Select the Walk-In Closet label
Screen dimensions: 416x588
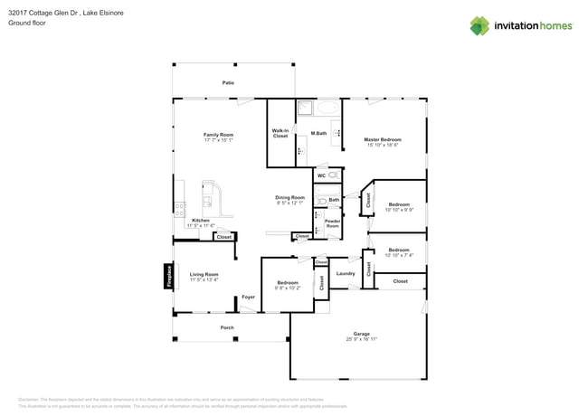coord(280,134)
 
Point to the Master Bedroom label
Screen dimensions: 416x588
coord(383,139)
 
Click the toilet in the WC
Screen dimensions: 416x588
coord(333,175)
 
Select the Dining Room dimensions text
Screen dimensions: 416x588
coord(290,203)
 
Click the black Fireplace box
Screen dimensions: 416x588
coord(168,276)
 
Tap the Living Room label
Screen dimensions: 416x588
coord(204,274)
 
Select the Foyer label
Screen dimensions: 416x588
coord(248,297)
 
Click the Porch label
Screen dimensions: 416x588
coord(227,327)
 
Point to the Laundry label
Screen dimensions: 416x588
coord(345,273)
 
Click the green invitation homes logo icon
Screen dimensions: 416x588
coord(479,25)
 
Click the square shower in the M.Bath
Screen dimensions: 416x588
coord(306,109)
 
